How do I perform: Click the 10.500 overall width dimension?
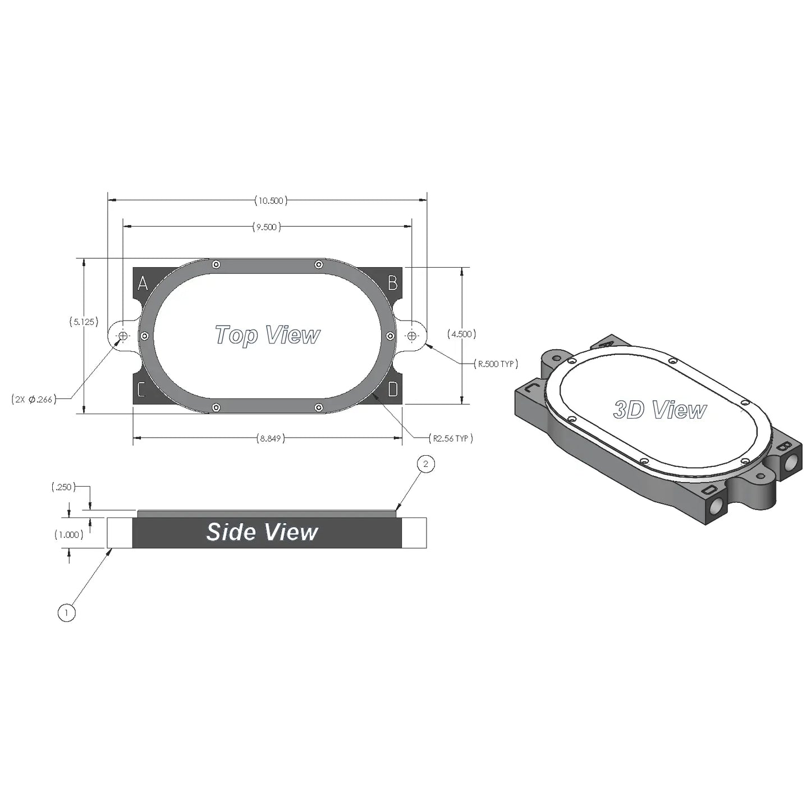click(270, 200)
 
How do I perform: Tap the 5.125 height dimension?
click(84, 322)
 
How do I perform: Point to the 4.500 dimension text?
click(461, 334)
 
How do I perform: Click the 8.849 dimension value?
click(271, 438)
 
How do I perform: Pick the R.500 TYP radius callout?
click(496, 364)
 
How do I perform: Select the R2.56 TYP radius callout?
click(450, 438)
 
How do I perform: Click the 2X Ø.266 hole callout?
click(34, 400)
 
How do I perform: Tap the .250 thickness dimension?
click(62, 487)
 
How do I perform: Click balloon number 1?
click(66, 612)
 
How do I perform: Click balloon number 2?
click(426, 464)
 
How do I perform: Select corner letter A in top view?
click(143, 283)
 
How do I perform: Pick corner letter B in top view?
click(393, 283)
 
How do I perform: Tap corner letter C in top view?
click(141, 389)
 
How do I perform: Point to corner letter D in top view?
click(393, 389)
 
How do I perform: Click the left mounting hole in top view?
click(122, 336)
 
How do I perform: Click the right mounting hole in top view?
click(412, 336)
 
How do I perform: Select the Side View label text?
click(262, 532)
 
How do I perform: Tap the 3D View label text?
click(659, 410)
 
